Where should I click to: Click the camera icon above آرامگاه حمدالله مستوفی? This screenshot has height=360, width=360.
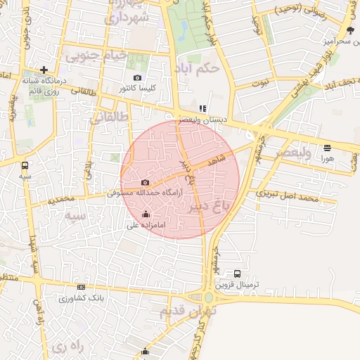pos(146,183)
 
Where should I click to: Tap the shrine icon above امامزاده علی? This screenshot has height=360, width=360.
pos(146,214)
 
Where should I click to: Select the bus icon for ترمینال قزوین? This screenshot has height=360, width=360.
pos(237,274)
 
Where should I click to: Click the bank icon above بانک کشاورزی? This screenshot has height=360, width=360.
pos(82,287)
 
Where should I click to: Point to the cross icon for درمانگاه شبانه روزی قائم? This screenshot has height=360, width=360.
pos(44,70)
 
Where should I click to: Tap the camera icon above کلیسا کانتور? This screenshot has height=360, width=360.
pos(137,77)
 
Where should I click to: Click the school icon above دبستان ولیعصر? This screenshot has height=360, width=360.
pos(202,109)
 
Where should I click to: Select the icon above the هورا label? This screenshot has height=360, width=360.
pos(327,148)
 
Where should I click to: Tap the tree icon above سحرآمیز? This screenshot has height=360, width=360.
pos(349,30)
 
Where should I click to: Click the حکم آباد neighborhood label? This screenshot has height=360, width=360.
pos(200,69)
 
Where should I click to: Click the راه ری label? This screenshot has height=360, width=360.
pos(67,346)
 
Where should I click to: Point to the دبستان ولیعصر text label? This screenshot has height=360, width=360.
pos(202,120)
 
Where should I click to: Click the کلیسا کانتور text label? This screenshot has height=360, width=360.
pos(138,89)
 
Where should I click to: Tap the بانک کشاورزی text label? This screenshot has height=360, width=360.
pos(82,298)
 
